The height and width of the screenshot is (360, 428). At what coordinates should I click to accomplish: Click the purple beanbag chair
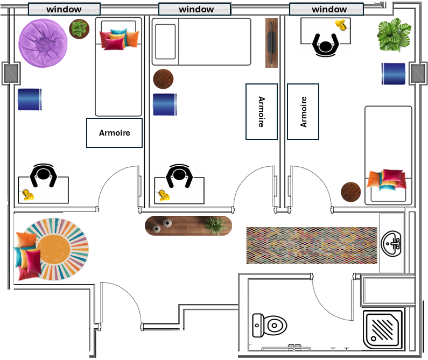point(43,43)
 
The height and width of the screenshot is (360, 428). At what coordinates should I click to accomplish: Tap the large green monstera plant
point(394,34)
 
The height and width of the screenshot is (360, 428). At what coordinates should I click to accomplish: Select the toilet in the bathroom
point(269,326)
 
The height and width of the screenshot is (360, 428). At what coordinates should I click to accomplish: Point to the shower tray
point(383,329)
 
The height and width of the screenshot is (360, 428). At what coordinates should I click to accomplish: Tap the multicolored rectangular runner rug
point(312,245)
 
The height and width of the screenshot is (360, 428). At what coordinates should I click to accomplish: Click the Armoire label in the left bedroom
point(114,133)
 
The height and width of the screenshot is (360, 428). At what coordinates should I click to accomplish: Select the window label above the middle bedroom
point(197,9)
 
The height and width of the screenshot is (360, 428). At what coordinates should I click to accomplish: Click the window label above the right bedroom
point(329,9)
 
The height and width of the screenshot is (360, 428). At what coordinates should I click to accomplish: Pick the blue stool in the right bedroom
point(394,74)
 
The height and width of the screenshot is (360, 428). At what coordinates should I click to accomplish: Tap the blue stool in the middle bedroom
point(165,104)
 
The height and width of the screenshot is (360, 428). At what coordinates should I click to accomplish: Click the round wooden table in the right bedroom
point(351,192)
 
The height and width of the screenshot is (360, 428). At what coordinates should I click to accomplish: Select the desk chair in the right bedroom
point(325,45)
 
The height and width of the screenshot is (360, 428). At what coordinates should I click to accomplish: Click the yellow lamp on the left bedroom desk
point(27,195)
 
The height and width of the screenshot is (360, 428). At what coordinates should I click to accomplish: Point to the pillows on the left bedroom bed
point(120,39)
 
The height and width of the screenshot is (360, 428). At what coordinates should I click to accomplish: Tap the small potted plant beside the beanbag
point(79,29)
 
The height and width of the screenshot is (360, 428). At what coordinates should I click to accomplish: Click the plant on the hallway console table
point(216,225)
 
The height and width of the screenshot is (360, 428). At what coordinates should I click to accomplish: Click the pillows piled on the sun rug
point(27,256)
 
